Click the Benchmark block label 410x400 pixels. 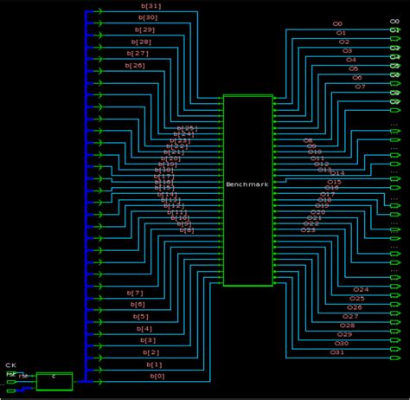[x=247, y=185]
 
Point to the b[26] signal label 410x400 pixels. [x=135, y=65]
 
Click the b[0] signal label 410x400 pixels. [x=157, y=376]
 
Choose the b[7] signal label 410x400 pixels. [x=135, y=293]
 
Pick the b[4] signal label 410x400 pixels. [x=144, y=328]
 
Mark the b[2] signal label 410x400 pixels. [x=151, y=352]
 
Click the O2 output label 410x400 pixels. [x=344, y=42]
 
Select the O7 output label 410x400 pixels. [x=360, y=87]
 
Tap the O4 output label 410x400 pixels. [x=350, y=60]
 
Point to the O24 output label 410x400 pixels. [x=361, y=289]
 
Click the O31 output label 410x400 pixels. [x=337, y=352]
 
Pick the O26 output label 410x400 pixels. [x=355, y=307]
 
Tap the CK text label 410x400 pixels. [x=10, y=365]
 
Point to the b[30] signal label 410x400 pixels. [x=148, y=17]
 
